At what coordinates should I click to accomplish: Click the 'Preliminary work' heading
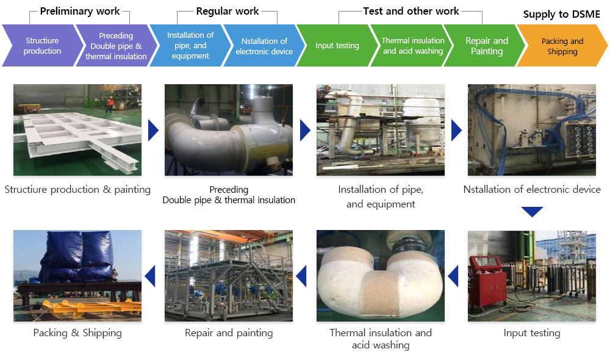tap(80, 11)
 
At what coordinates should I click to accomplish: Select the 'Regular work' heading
tap(228, 11)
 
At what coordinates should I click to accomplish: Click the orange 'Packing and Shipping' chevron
tap(562, 46)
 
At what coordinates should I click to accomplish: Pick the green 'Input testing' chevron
tap(337, 46)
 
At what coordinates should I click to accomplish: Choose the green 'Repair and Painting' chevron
tap(486, 46)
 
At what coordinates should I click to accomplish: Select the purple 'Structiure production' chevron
tap(42, 46)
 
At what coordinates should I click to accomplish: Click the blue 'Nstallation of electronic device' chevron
tap(264, 46)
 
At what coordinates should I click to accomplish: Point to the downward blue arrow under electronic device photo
tap(532, 212)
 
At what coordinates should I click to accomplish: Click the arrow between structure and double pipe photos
tap(153, 130)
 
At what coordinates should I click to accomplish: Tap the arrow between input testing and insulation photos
tap(453, 276)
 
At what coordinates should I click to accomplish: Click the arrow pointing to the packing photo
tap(150, 276)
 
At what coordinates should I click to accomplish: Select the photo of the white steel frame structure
tap(77, 130)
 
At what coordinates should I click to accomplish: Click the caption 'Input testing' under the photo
tap(531, 333)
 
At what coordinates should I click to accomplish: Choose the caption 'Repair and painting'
tap(229, 333)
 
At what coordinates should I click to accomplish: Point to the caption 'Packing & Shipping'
tap(77, 333)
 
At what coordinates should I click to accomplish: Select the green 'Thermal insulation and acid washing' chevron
tap(413, 46)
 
